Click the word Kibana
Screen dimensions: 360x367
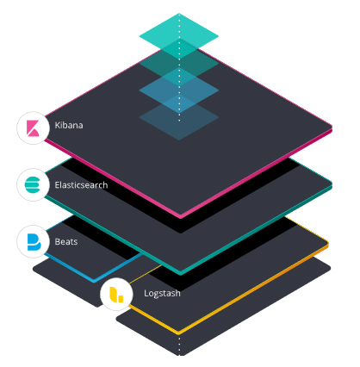tap(69, 125)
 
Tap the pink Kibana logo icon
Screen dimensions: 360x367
tap(33, 128)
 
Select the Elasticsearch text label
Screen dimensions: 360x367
tap(81, 184)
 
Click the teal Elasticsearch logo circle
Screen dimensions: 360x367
tap(33, 185)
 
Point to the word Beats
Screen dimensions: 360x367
tap(66, 241)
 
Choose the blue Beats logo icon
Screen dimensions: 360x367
tap(34, 242)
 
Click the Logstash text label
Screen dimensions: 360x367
tap(162, 293)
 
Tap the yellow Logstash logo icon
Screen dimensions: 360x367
tap(116, 295)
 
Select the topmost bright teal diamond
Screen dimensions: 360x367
tap(179, 36)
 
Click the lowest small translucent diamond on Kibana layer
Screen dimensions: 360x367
tap(179, 117)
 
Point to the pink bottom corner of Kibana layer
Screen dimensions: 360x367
tap(180, 216)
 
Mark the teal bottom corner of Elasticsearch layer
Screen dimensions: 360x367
tap(180, 272)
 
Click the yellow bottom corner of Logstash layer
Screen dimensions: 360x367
tap(178, 333)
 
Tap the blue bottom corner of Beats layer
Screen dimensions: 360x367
tap(94, 280)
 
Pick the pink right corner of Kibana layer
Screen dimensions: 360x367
tap(331, 128)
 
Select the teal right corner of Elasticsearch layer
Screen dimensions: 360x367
tap(331, 184)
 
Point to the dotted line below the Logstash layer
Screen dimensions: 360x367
tap(180, 346)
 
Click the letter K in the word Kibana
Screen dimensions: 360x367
tap(57, 125)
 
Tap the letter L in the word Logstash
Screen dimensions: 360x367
tap(146, 293)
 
